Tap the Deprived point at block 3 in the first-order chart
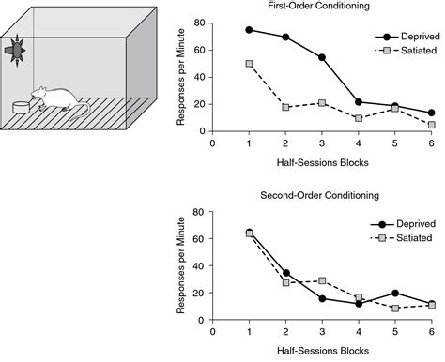coord(322,58)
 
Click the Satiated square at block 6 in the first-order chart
coord(431,125)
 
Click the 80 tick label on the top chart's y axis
coord(198,22)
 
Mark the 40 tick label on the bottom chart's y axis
coord(198,265)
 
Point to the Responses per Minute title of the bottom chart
coord(180,265)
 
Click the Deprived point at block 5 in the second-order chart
coord(394,293)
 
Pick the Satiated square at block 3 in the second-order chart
coord(322,280)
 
